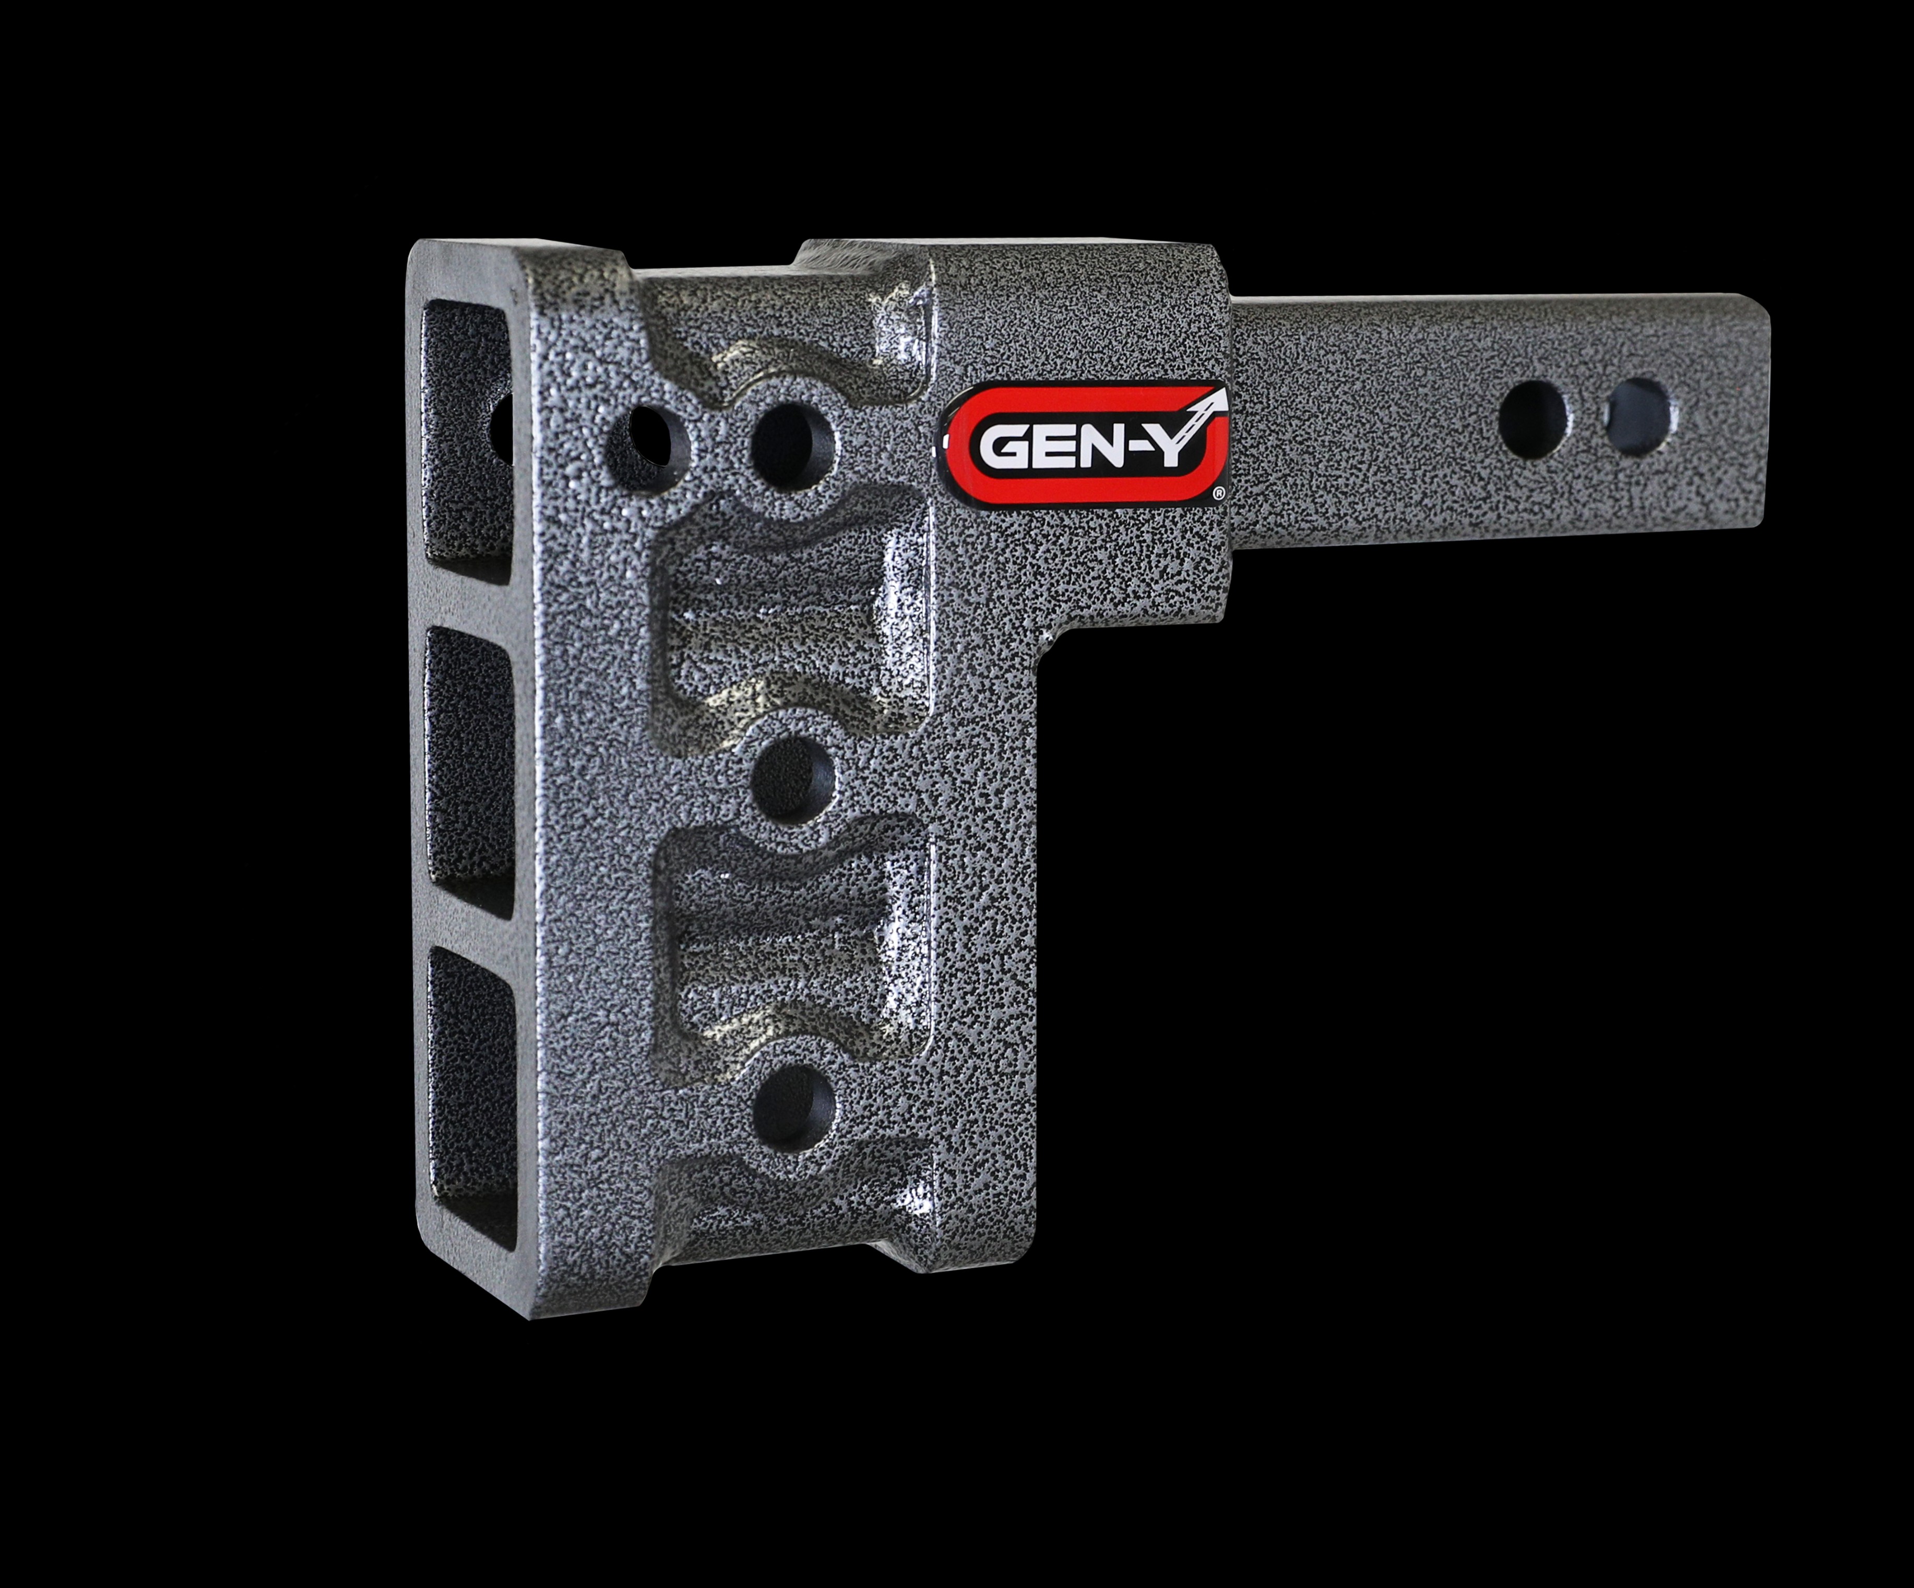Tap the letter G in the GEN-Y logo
(x=1001, y=448)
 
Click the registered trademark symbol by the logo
(x=1219, y=493)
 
